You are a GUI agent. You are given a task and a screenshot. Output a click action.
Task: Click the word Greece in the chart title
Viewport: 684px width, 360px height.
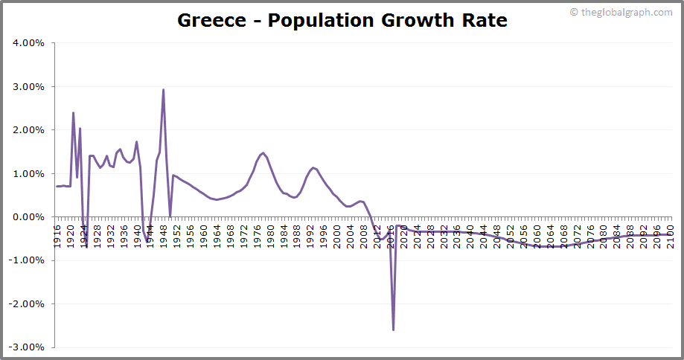[211, 20]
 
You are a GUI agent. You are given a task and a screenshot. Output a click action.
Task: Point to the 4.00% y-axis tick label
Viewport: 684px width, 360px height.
[29, 43]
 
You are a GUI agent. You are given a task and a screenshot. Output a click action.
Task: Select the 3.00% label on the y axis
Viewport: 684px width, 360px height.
[29, 86]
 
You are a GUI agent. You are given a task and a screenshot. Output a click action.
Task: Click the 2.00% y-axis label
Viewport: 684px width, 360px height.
[29, 130]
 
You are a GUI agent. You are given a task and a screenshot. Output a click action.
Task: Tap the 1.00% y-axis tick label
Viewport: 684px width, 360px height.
[29, 173]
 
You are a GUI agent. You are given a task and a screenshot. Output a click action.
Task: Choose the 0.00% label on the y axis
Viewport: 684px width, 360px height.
[29, 217]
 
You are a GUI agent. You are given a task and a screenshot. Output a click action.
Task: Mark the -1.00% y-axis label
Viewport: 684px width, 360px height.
[28, 260]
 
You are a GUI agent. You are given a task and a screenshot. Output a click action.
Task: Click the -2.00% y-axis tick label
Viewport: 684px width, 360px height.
[28, 304]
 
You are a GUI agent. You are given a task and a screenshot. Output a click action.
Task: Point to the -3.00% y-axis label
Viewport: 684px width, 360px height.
[28, 347]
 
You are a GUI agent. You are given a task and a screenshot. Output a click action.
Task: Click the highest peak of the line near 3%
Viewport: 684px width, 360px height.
[163, 90]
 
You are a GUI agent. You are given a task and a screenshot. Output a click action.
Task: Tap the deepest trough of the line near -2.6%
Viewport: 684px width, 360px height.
[393, 330]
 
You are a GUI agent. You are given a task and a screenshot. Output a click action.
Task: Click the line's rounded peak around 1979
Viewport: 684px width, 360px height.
[263, 152]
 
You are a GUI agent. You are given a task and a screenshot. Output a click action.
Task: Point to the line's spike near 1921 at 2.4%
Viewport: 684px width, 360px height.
[73, 113]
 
